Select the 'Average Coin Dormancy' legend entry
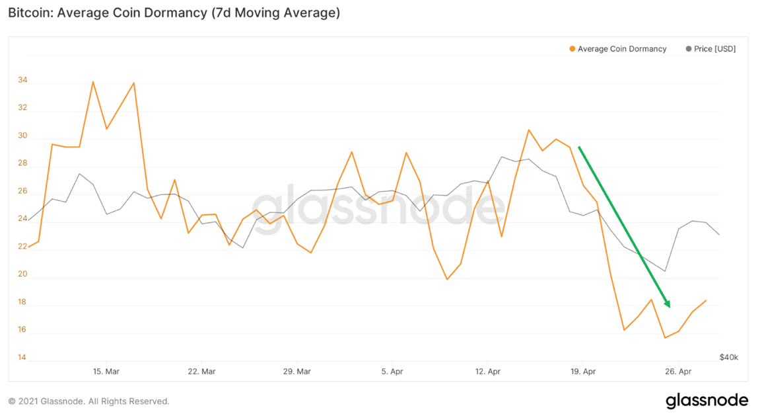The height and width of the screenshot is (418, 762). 621,49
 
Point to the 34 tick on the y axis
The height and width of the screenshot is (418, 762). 22,81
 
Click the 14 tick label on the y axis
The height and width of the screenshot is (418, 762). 22,358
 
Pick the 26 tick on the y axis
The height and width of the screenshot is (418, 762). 22,191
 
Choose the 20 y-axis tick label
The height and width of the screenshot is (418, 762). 22,274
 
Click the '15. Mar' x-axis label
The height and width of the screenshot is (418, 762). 106,372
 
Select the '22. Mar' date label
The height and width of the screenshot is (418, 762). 201,372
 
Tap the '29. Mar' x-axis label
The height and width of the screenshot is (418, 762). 297,372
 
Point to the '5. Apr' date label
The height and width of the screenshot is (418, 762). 392,372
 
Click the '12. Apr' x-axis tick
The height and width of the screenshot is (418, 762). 488,372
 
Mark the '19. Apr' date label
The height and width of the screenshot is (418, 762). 583,372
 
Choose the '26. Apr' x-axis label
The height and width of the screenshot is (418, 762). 679,372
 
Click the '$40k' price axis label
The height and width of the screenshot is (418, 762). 728,357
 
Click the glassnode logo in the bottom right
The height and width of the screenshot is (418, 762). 707,401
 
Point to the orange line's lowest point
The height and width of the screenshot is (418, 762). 664,338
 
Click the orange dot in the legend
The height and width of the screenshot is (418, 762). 572,49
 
